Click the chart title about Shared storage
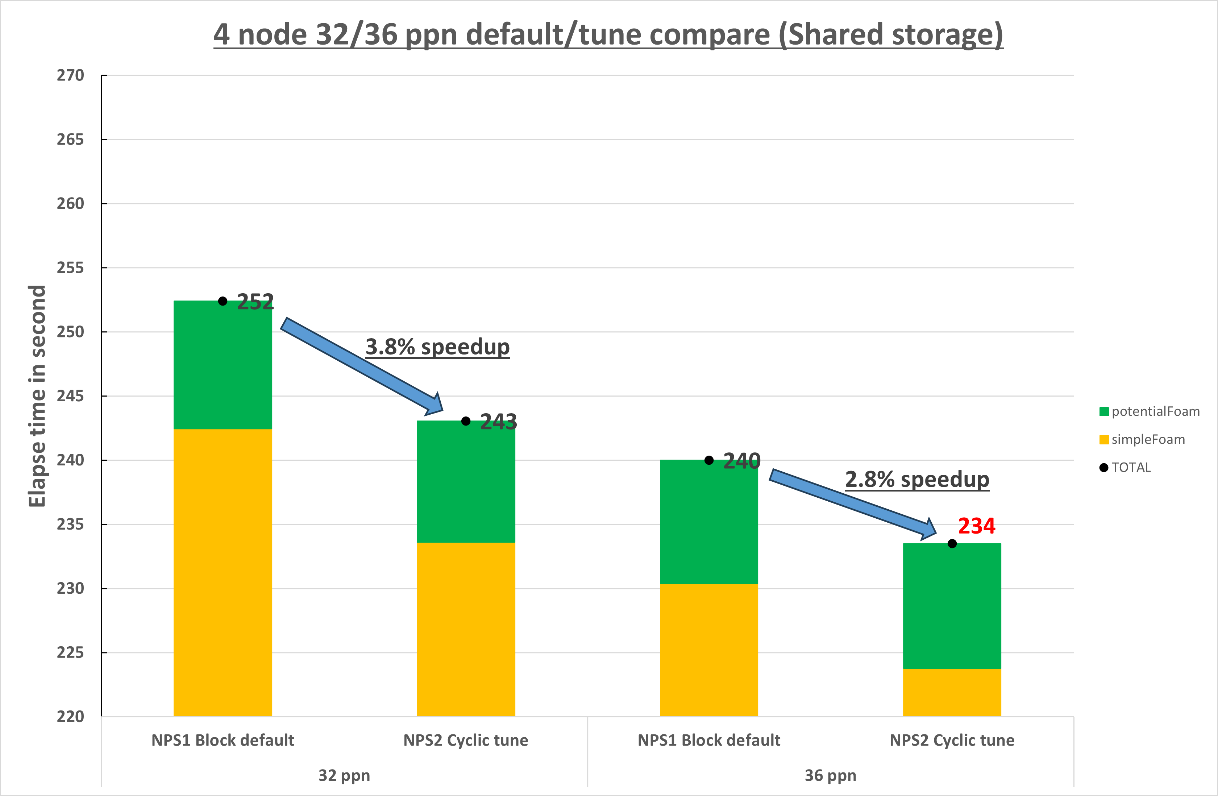(x=608, y=35)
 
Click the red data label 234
(x=976, y=526)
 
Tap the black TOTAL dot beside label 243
(x=466, y=421)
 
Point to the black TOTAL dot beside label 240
(x=709, y=460)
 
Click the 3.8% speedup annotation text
(x=437, y=347)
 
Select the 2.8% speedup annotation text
(x=917, y=479)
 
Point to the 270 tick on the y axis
(x=70, y=75)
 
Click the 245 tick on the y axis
(x=70, y=396)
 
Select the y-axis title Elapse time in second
(x=37, y=396)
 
